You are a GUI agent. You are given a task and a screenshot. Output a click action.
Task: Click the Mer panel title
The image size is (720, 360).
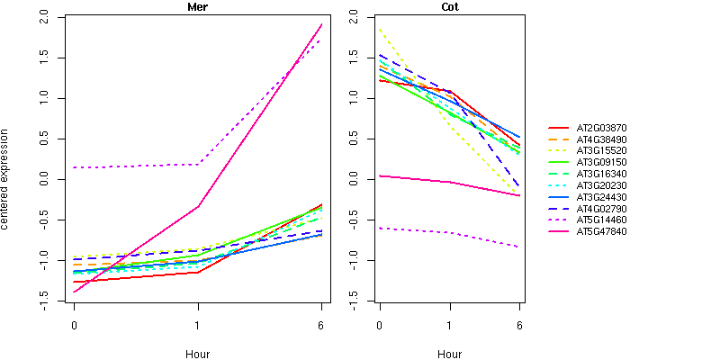[x=197, y=7]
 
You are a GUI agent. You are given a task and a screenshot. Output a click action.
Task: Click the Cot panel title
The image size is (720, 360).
[x=449, y=7]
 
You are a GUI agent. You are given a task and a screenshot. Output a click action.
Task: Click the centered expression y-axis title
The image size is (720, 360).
[x=7, y=180]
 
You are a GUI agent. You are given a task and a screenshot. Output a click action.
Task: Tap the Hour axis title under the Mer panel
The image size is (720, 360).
[x=197, y=354]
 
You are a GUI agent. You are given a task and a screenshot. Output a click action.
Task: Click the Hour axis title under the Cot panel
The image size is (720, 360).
[x=449, y=354]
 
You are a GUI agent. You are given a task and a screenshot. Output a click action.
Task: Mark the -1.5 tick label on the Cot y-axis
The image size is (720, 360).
[x=353, y=297]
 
